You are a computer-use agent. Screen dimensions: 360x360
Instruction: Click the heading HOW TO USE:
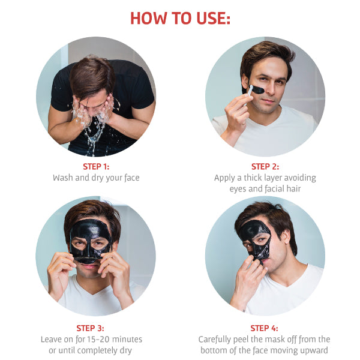180,18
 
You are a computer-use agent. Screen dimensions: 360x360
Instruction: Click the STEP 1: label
96,166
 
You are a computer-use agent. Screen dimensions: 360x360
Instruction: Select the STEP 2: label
265,166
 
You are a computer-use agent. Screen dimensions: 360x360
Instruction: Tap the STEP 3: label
90,328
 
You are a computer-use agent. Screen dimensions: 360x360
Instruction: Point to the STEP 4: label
264,328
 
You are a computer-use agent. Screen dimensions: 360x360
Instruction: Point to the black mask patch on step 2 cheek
257,89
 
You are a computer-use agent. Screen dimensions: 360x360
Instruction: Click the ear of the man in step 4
286,238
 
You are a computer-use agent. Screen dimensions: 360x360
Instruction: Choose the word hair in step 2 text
293,189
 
